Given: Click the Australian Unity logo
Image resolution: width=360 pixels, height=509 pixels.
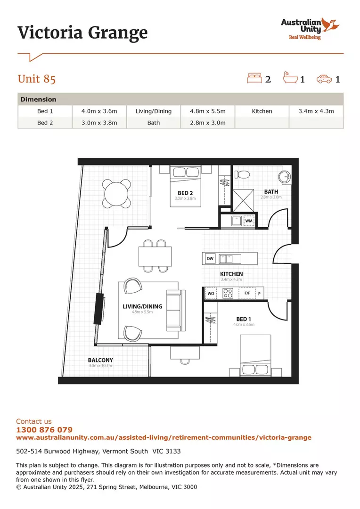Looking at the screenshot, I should click(x=310, y=28).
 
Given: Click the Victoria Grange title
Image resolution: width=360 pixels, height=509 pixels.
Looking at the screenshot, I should click(x=82, y=33).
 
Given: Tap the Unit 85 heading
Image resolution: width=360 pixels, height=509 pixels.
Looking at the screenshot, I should click(x=37, y=79).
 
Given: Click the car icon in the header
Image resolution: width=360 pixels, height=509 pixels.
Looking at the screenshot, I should click(x=324, y=79).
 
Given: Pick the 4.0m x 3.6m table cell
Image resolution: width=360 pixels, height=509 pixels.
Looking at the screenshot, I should click(x=99, y=111).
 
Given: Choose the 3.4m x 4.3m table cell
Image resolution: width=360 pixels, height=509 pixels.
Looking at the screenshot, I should click(x=316, y=111).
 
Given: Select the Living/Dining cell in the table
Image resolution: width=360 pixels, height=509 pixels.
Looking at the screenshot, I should click(x=154, y=111).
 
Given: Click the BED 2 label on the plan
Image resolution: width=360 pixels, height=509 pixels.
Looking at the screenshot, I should click(x=185, y=193).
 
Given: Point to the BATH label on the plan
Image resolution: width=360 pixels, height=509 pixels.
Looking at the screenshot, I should click(x=271, y=192).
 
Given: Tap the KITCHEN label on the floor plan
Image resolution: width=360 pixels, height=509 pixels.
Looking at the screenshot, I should click(x=231, y=274).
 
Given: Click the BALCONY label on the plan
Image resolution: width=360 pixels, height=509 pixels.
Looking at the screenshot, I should click(x=100, y=360).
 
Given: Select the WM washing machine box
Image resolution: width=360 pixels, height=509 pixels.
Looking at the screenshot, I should click(x=249, y=221).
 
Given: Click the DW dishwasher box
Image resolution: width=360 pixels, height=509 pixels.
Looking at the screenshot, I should click(x=210, y=258).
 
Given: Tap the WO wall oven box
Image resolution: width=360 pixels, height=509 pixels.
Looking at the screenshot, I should click(x=211, y=293).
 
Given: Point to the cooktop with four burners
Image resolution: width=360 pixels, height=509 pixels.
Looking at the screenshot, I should click(x=228, y=293).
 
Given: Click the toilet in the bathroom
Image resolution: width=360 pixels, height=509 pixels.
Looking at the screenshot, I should click(x=242, y=174).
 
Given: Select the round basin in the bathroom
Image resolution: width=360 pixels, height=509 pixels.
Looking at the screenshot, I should click(x=285, y=177).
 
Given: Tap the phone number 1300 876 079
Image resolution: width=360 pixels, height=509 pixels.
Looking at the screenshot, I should click(x=44, y=430).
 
